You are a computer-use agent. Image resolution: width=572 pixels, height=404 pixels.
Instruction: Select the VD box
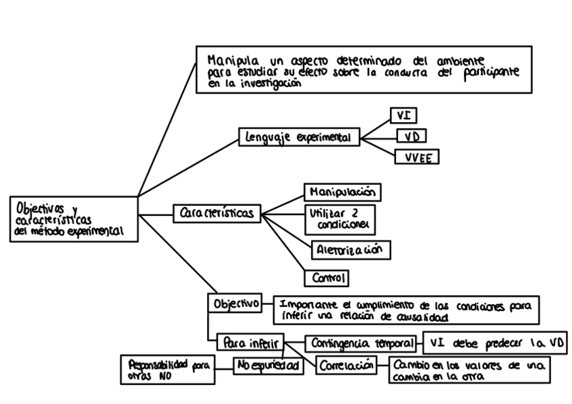coord(411,136)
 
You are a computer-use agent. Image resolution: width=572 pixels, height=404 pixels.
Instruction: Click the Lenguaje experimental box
coord(299,138)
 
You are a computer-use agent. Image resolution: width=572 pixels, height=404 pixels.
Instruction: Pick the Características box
coord(217,214)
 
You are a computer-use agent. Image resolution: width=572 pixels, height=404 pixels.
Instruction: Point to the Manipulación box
coord(342,192)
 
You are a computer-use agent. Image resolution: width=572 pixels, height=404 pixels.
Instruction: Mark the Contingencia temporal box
coord(360,343)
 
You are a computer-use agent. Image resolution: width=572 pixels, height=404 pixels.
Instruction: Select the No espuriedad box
coord(266,366)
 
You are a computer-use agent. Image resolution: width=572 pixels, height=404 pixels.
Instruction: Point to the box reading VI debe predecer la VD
coord(494,343)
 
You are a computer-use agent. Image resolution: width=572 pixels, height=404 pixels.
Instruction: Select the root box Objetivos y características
coord(71,219)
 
